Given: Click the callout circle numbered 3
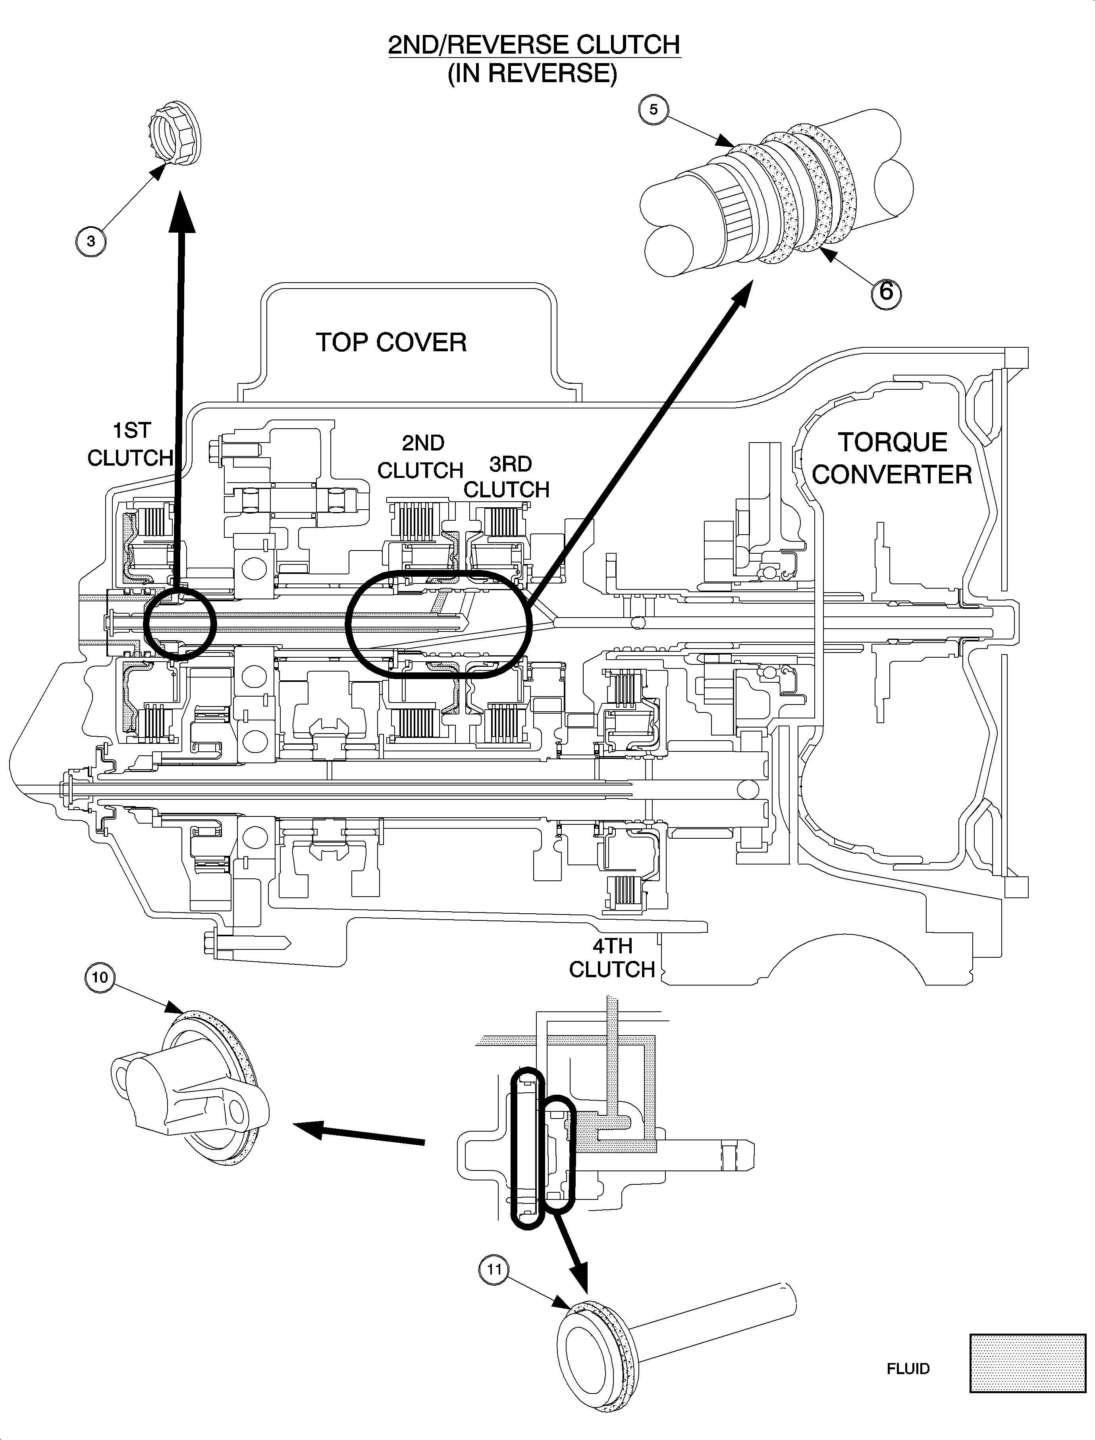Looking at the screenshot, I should click(x=91, y=241).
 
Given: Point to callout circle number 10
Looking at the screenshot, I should click(x=100, y=977).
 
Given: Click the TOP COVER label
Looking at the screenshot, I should click(x=391, y=343).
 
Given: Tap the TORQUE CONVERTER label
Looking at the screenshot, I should click(x=892, y=459).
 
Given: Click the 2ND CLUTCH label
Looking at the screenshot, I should click(x=420, y=457).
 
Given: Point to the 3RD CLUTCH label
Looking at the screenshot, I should click(x=507, y=477).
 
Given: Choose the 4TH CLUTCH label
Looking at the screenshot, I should click(x=612, y=957).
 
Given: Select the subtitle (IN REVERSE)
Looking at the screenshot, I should click(x=532, y=73).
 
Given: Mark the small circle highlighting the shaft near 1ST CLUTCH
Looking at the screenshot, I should click(x=179, y=622).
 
